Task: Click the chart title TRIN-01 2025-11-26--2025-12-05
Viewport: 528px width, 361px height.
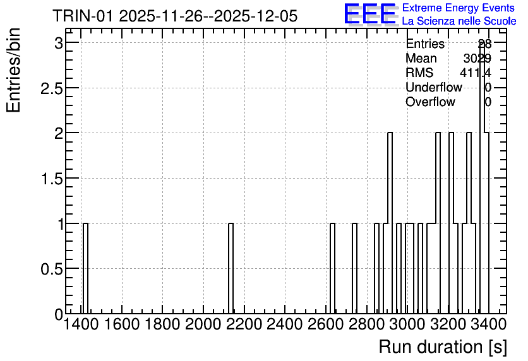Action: [175, 16]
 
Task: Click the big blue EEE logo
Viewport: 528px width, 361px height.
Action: [370, 14]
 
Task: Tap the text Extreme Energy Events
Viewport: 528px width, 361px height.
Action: [459, 8]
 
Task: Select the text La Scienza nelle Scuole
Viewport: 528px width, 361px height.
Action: [459, 21]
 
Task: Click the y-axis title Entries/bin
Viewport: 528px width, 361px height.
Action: [13, 70]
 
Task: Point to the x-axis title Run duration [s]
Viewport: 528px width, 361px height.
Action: [443, 346]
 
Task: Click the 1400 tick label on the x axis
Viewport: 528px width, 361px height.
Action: [81, 324]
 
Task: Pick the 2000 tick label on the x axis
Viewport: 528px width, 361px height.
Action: [203, 324]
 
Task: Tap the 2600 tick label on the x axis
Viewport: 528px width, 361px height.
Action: [326, 324]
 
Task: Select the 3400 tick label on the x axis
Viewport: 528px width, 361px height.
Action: [489, 324]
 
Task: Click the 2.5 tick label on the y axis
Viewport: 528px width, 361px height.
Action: [51, 88]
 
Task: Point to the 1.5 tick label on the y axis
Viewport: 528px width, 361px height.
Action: [51, 179]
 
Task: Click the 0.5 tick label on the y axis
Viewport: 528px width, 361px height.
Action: [51, 269]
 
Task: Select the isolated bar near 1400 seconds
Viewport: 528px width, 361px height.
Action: [85, 268]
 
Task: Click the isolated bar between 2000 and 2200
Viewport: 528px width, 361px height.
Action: [231, 268]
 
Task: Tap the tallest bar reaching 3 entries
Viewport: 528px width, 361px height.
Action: [482, 179]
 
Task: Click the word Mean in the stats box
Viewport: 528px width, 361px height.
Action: [421, 58]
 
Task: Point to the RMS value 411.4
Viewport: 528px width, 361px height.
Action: [476, 73]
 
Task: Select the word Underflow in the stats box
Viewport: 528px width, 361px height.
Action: [434, 87]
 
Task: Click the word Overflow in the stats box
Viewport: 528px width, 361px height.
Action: [430, 102]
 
